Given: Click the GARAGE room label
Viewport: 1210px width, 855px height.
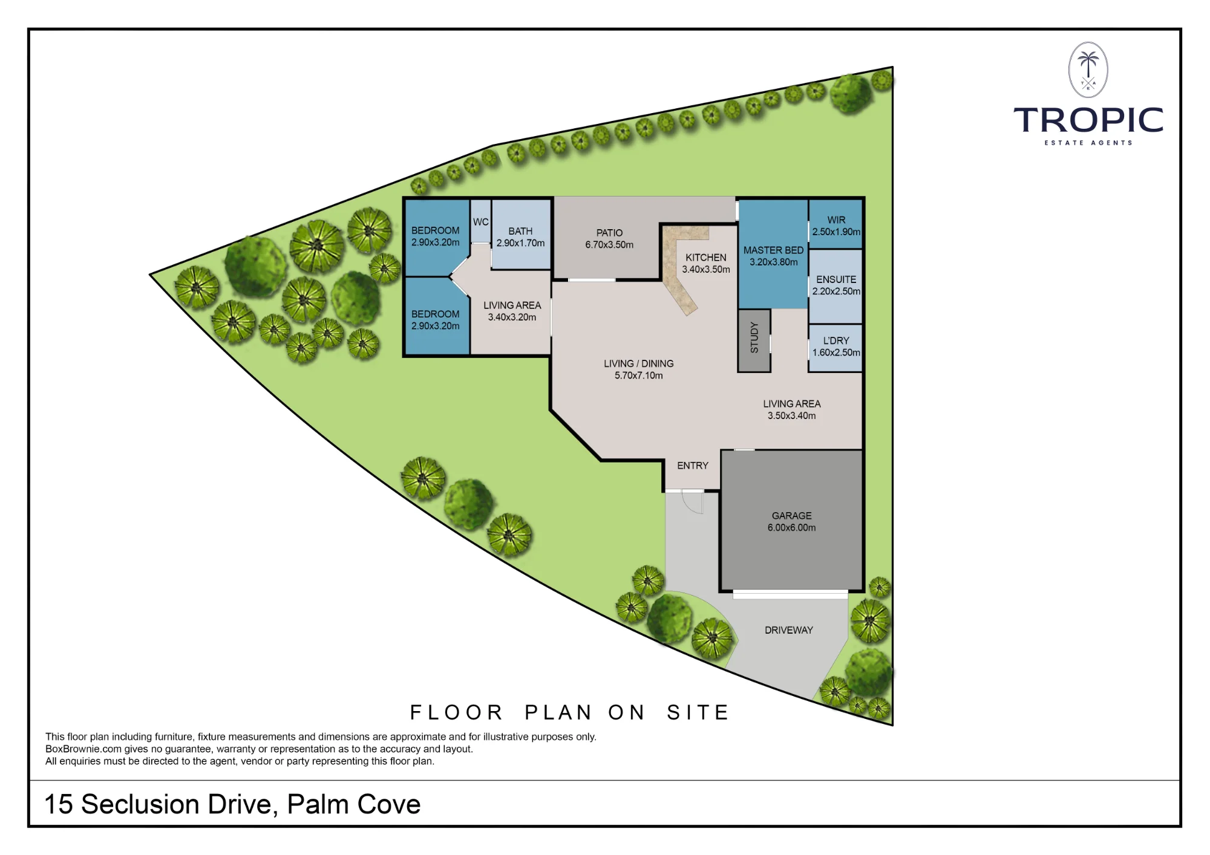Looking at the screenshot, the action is point(791,516).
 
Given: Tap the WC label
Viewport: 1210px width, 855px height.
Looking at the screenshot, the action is point(481,222).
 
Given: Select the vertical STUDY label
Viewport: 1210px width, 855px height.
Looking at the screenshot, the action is point(754,337).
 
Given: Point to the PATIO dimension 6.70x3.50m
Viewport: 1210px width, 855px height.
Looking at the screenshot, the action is point(609,245).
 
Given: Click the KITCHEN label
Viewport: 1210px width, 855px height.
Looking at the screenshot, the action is point(706,258).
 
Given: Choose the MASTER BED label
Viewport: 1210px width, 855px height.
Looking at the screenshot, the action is point(773,250).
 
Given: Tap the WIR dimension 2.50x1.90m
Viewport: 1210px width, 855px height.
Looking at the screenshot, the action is point(836,232).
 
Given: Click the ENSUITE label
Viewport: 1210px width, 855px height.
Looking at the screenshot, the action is point(836,279).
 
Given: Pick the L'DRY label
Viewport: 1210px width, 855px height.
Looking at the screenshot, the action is point(836,340).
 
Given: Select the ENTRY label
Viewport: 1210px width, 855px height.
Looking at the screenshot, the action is point(693,466).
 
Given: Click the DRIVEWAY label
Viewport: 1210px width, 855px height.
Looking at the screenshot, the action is point(789,630).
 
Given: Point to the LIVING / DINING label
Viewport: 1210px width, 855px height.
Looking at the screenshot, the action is point(638,363).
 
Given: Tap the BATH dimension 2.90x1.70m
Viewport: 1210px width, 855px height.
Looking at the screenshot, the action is point(520,243).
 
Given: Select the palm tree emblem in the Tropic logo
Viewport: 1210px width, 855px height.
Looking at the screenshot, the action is point(1088,70).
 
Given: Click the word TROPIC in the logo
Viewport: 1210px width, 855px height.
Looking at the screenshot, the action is point(1088,120).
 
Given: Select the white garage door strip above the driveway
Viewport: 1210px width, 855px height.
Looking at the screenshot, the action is point(790,595).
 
